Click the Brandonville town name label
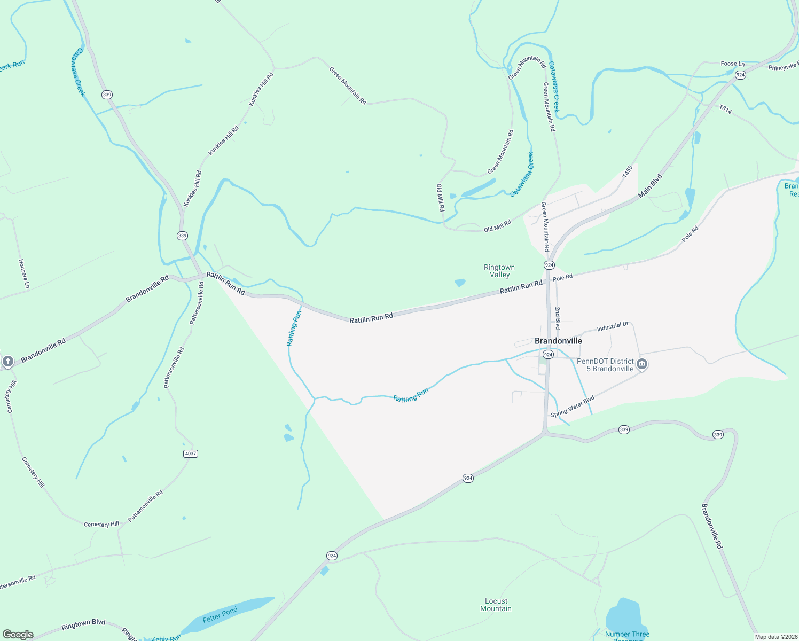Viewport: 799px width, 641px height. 558,341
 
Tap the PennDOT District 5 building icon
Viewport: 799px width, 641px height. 642,365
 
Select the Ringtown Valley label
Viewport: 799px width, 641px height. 499,271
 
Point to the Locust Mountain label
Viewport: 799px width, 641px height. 496,605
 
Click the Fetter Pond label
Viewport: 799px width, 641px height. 220,615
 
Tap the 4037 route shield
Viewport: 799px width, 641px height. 190,454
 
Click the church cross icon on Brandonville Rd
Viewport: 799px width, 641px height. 7,362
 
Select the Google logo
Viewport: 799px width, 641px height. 18,635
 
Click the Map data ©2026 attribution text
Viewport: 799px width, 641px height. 775,637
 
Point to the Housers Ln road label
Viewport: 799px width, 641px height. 23,274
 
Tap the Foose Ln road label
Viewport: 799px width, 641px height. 732,64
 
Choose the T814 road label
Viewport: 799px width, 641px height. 725,109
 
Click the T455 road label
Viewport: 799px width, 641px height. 627,171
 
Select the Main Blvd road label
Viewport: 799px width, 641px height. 651,184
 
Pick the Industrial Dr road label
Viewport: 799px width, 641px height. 613,326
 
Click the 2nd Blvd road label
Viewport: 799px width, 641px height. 558,318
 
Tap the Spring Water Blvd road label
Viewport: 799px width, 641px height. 573,407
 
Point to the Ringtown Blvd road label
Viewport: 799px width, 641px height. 83,624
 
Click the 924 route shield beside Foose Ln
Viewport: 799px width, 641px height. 740,75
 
